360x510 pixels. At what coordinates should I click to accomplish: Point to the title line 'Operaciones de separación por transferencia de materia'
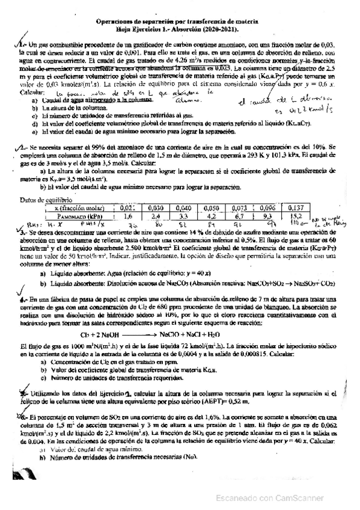point(178,20)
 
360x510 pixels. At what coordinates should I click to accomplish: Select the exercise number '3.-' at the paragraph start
point(24,231)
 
